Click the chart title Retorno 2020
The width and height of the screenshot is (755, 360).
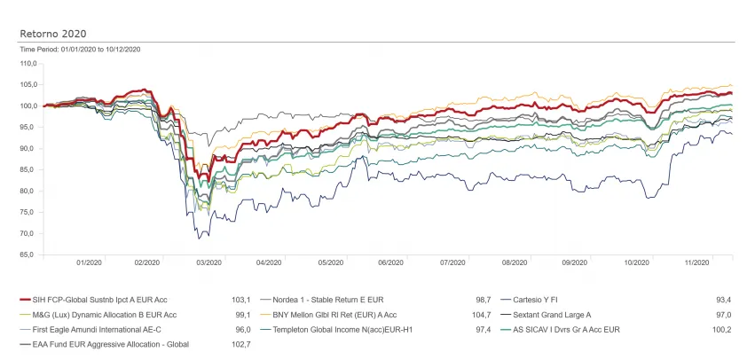click(49, 34)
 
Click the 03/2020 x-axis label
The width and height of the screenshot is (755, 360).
click(208, 262)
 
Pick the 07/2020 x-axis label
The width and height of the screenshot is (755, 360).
click(452, 262)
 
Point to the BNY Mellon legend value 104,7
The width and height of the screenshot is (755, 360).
click(479, 315)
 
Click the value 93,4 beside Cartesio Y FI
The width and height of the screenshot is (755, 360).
click(724, 301)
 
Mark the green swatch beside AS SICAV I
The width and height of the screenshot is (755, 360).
click(506, 329)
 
